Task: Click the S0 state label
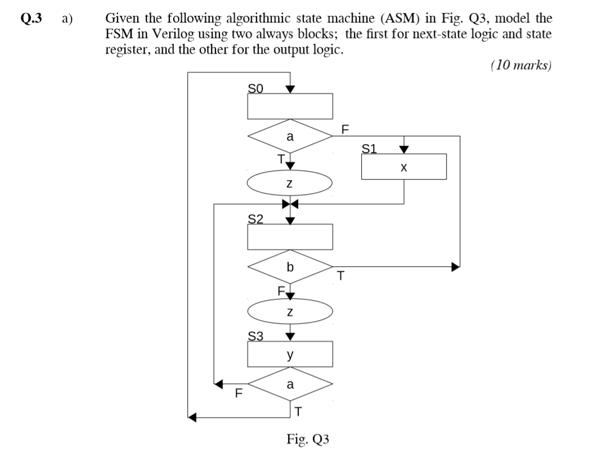(x=256, y=88)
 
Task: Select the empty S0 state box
(x=290, y=106)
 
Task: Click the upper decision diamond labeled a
(x=290, y=137)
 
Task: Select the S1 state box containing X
(x=404, y=167)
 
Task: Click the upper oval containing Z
(x=290, y=184)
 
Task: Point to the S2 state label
(x=256, y=218)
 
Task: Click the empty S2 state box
(x=290, y=236)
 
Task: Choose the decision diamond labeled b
(x=290, y=267)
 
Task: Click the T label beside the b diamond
(x=340, y=276)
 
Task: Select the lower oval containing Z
(x=290, y=312)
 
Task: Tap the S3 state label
(x=256, y=337)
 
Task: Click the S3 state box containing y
(x=290, y=355)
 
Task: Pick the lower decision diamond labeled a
(x=290, y=386)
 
